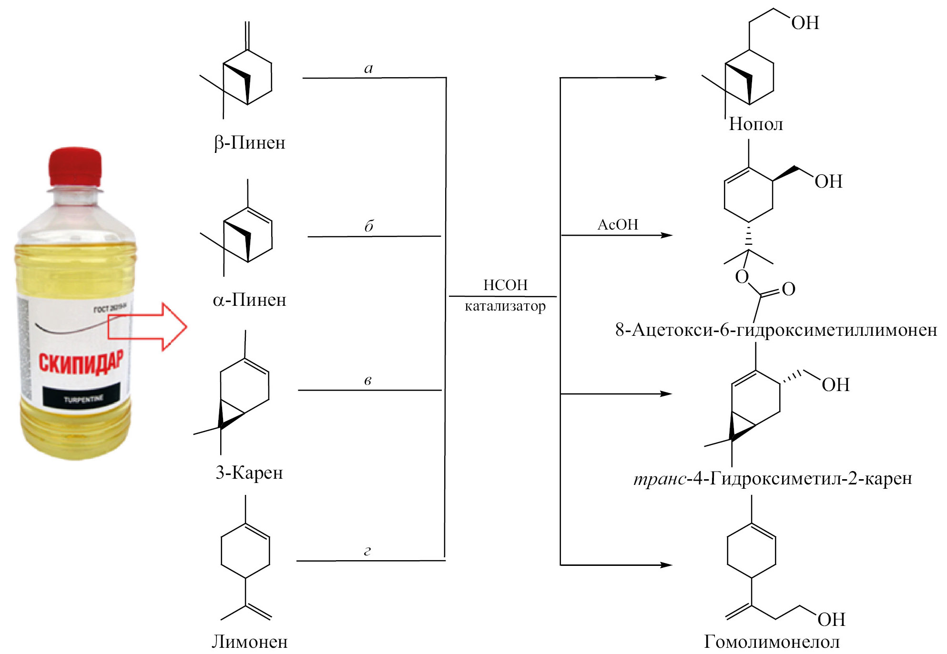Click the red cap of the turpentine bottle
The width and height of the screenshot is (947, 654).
75,167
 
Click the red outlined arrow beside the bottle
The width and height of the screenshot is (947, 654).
148,327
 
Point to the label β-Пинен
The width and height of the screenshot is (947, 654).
249,143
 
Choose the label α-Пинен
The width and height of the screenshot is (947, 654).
249,300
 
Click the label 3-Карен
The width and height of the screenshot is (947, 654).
249,473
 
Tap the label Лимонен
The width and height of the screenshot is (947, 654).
249,642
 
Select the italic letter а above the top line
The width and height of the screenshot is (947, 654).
368,69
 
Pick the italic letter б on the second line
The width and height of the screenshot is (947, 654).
368,226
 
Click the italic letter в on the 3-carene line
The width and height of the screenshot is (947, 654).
367,380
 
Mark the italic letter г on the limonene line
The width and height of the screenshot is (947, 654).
367,551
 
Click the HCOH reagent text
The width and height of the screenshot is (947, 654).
505,285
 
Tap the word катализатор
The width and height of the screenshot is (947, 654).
505,306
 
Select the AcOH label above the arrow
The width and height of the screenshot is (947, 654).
618,225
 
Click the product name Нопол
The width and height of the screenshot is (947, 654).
756,124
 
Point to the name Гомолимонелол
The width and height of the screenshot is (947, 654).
772,642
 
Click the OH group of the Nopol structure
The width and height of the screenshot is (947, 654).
805,23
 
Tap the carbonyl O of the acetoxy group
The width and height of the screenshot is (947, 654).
789,289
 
